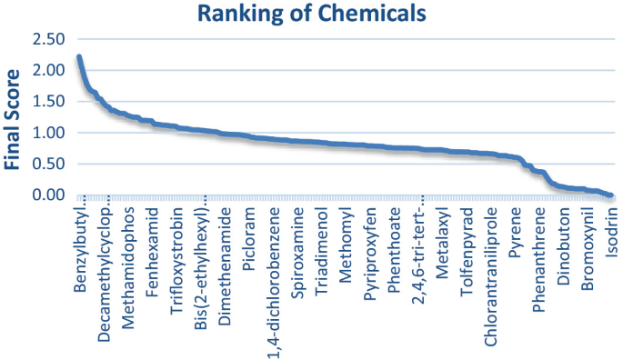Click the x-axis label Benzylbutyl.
80,251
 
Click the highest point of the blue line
79,57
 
